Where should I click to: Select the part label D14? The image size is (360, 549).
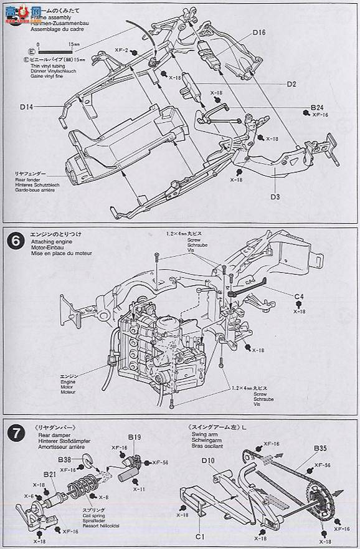(26, 107)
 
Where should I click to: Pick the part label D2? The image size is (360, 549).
(291, 84)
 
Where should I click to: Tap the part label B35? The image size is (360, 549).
(321, 448)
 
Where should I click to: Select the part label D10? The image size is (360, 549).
(209, 461)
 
